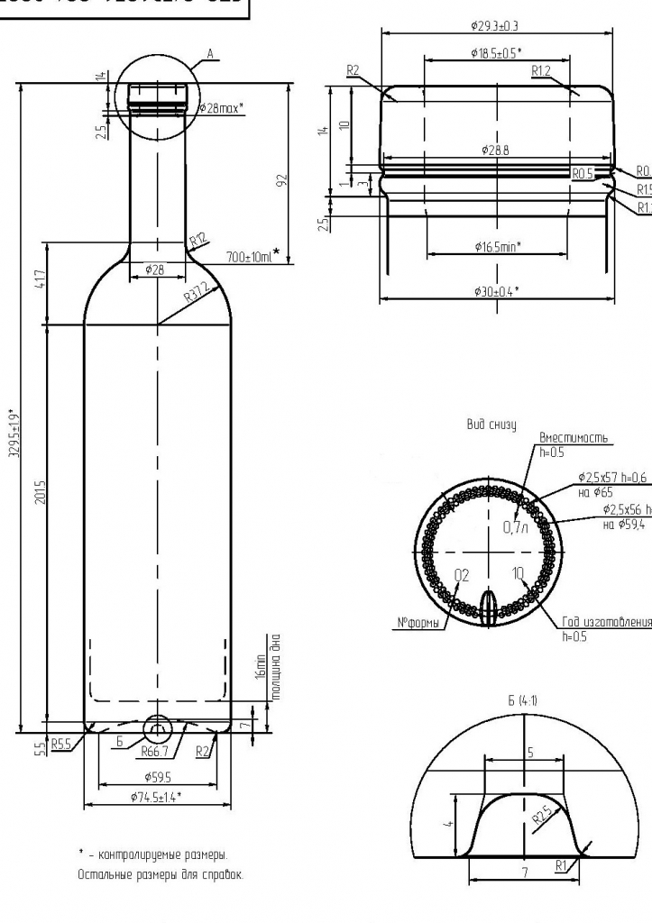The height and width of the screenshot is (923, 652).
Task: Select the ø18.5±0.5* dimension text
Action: [x=495, y=53]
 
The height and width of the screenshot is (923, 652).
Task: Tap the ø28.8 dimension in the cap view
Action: [x=495, y=150]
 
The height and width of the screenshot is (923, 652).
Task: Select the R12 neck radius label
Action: [x=198, y=239]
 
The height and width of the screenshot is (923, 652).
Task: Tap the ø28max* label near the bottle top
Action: [x=220, y=108]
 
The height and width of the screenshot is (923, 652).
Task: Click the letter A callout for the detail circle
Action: [x=209, y=54]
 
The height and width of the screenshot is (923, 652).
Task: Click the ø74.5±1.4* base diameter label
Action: [x=155, y=796]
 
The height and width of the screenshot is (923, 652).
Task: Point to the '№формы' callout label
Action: [x=418, y=623]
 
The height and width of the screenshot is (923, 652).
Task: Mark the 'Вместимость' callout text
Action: [x=573, y=438]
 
